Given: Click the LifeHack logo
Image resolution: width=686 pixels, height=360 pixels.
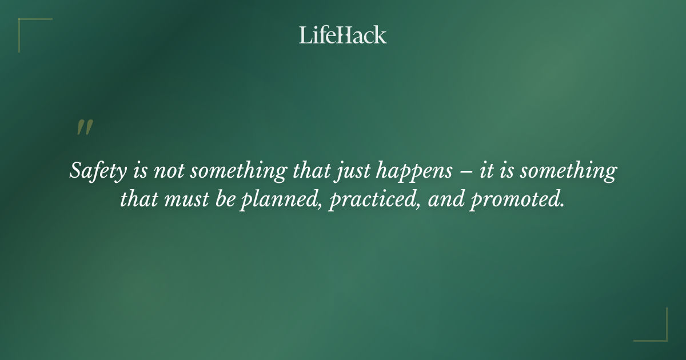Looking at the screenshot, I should point(342,35).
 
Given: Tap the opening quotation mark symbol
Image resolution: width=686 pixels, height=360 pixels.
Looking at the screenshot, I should point(84,128).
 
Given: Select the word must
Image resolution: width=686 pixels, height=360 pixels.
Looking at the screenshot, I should point(182,201).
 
